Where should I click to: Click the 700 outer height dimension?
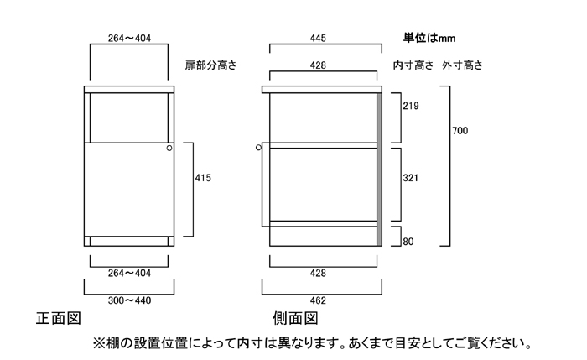click(x=460, y=130)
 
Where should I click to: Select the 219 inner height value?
click(x=410, y=106)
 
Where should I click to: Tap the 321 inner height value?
click(x=410, y=178)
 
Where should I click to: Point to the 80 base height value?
click(x=408, y=243)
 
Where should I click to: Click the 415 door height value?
click(x=202, y=178)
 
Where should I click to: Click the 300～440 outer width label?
click(x=128, y=300)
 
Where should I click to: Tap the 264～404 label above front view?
click(x=128, y=39)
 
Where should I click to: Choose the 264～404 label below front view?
click(x=128, y=273)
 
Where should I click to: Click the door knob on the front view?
click(x=169, y=148)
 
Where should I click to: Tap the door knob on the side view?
click(x=259, y=148)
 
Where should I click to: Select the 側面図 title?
click(x=295, y=319)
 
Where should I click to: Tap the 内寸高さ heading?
click(x=413, y=65)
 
